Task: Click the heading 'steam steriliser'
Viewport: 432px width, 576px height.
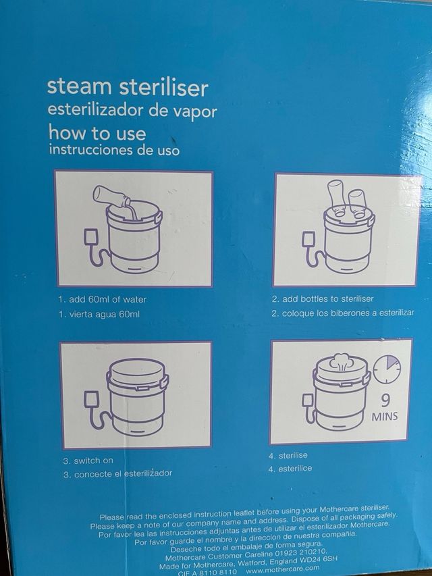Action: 127,88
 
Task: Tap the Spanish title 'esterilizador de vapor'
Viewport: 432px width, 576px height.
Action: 132,111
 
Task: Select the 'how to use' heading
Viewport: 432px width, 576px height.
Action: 97,132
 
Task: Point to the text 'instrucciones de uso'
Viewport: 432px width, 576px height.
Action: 114,150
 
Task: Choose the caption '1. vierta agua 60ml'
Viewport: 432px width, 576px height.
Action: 100,314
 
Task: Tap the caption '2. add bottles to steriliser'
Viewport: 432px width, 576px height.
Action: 322,298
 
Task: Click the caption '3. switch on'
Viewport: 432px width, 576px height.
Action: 88,461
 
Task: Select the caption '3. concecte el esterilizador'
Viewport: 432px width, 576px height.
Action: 117,473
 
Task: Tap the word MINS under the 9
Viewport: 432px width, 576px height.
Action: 385,417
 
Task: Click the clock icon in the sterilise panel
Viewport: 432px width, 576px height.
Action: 387,369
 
